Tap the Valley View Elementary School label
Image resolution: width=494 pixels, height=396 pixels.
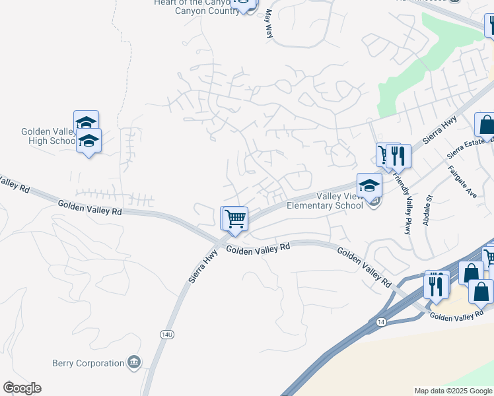click(324, 201)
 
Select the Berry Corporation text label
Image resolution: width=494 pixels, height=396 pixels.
click(88, 363)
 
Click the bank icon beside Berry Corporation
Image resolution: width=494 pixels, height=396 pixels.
click(134, 362)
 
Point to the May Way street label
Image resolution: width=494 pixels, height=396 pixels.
click(269, 23)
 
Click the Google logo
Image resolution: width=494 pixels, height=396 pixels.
click(22, 388)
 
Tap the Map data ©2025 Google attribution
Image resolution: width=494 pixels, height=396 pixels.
click(453, 391)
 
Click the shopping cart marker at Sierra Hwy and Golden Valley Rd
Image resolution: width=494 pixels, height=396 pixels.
click(234, 219)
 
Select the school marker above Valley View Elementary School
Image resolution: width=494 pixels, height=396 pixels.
click(369, 185)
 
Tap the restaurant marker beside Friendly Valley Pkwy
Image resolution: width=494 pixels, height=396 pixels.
click(398, 156)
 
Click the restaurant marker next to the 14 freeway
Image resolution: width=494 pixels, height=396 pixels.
click(436, 286)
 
